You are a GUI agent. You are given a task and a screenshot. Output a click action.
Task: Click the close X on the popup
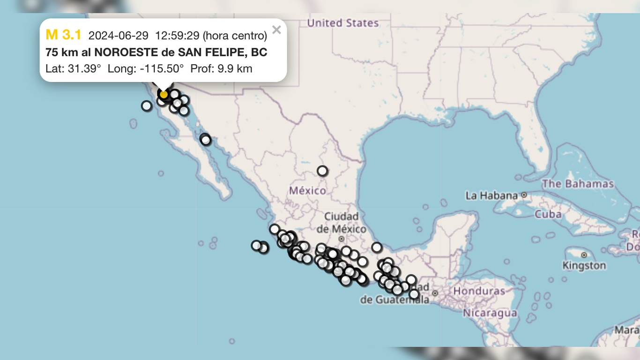pos(276,30)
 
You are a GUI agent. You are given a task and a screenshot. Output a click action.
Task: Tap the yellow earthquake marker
pos(164,94)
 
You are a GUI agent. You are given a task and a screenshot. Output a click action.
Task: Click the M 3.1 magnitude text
pos(63,35)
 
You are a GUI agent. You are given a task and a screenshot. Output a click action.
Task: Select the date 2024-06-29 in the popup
pos(118,36)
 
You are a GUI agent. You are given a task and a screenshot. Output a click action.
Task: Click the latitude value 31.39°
pos(84,69)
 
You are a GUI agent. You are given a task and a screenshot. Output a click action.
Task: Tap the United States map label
pos(342,22)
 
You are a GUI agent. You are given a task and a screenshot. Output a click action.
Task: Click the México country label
pos(307,190)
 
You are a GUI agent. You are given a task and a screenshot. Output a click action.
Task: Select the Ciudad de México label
pos(342,222)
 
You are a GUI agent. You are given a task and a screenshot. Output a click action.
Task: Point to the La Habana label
pos(491,195)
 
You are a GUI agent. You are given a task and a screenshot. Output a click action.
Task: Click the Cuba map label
pos(548,214)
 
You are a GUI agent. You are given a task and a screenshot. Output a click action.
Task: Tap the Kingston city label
pos(584,265)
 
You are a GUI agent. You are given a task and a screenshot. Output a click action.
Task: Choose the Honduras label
pos(479,291)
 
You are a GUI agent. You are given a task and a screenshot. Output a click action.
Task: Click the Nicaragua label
pos(490,313)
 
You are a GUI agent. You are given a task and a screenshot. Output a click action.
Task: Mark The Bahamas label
pos(578,184)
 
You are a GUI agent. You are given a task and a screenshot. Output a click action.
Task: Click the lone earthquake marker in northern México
pos(322,171)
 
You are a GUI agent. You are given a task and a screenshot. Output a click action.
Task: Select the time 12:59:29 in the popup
pos(177,36)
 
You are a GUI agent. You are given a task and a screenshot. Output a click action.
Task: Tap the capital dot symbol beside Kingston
pos(584,255)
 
